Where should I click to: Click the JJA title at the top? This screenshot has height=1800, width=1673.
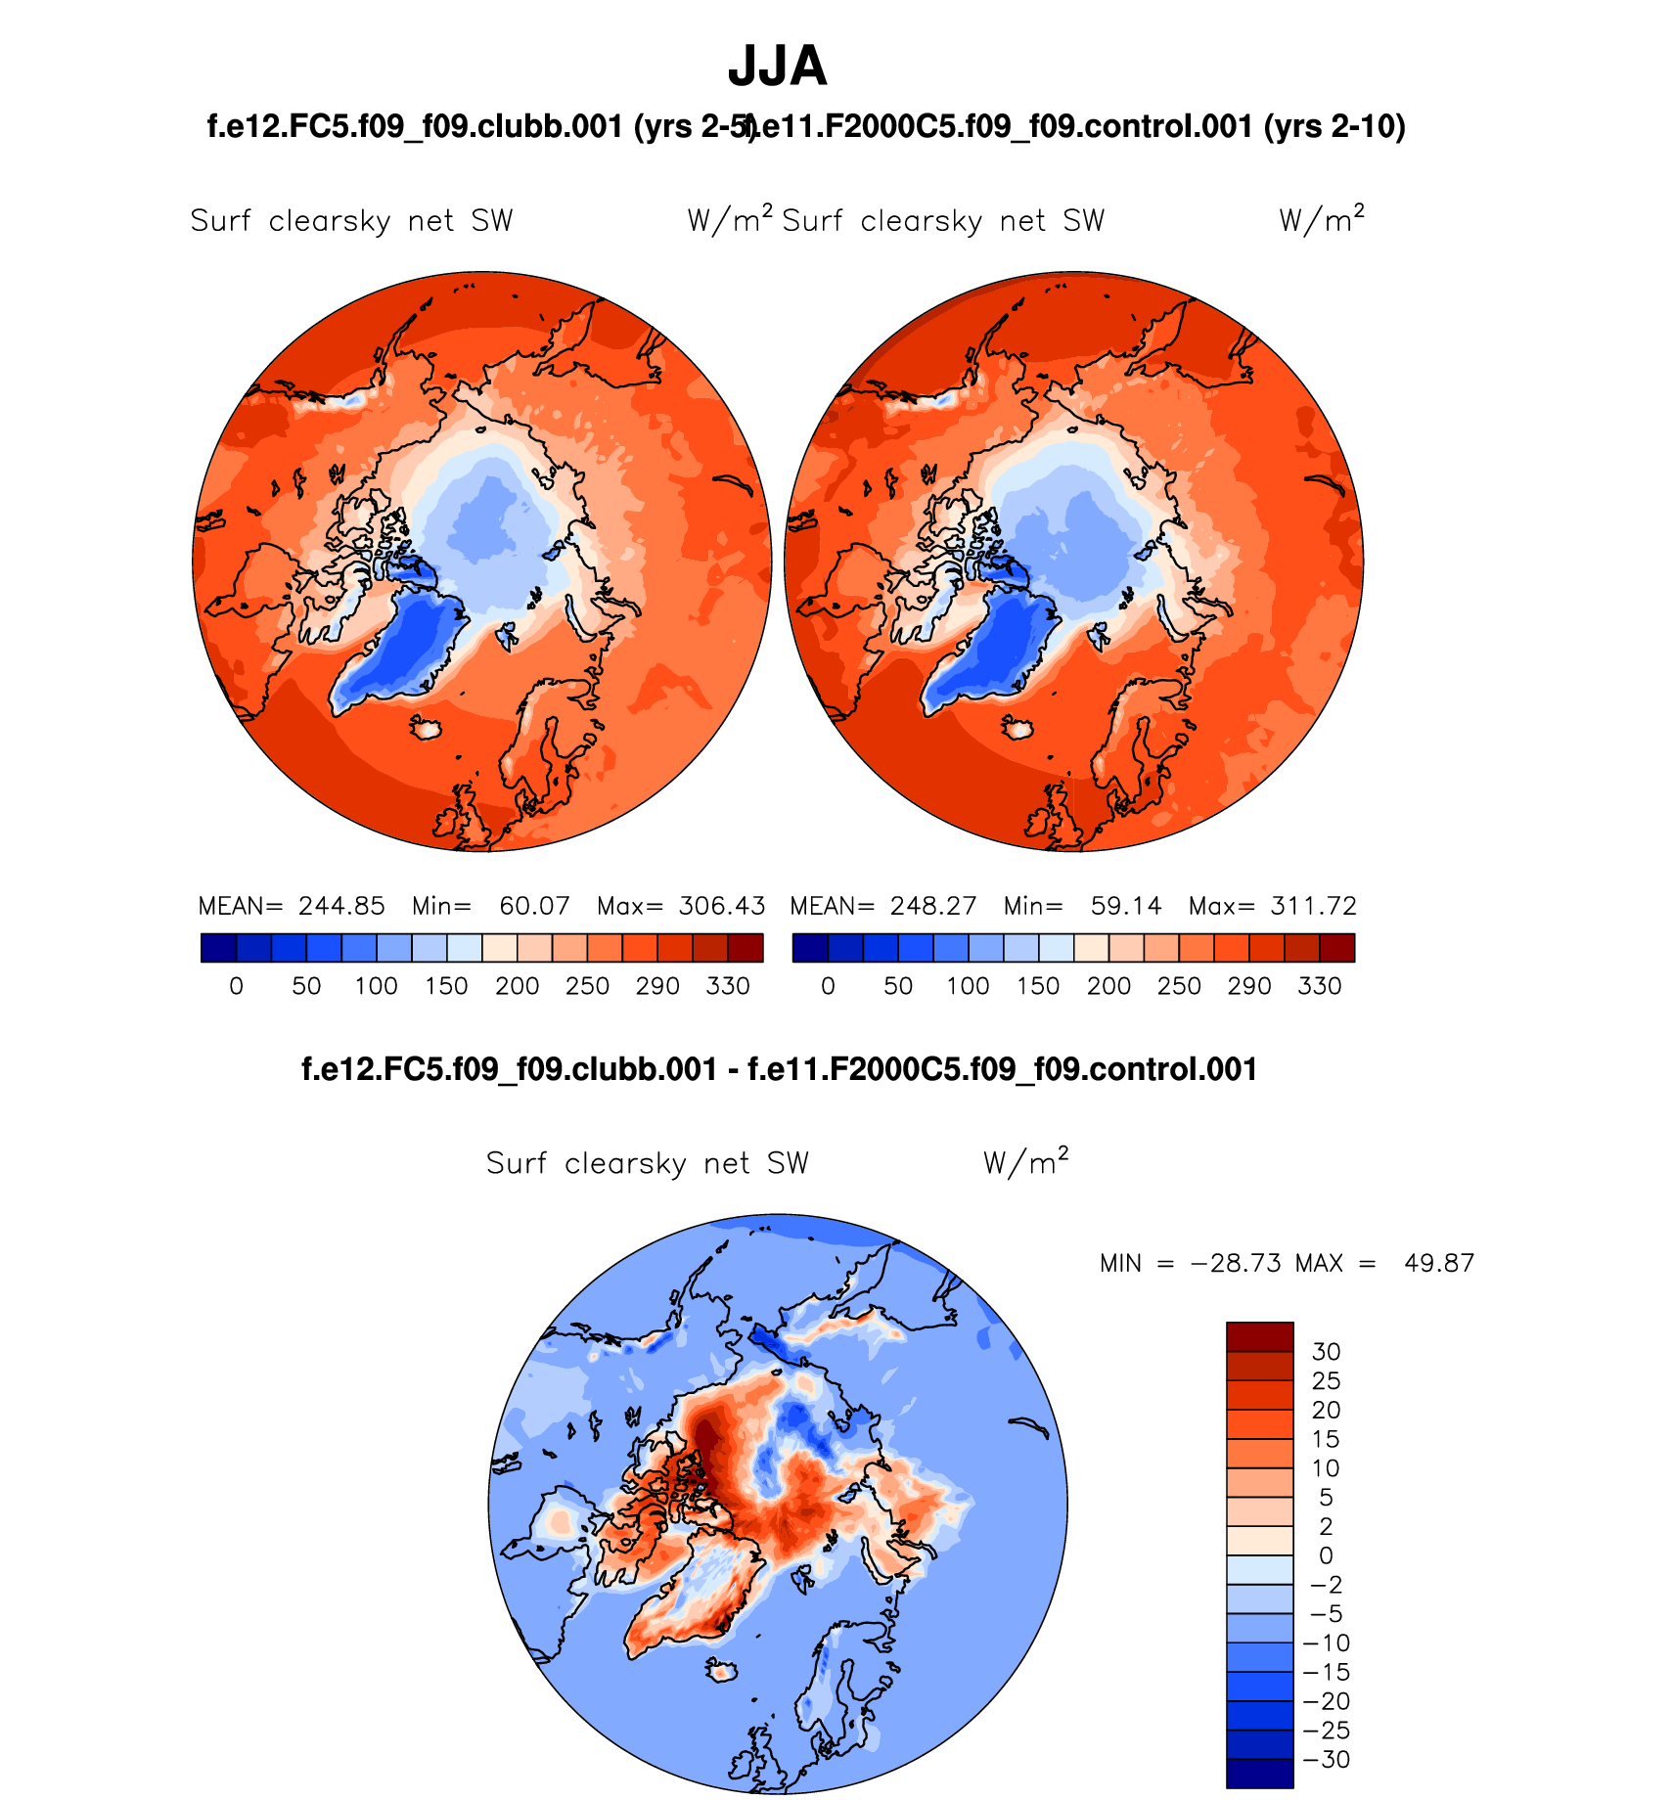778,67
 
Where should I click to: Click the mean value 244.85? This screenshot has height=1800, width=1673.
341,906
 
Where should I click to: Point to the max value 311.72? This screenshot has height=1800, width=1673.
1314,906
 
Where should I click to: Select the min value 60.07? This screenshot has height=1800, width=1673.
534,906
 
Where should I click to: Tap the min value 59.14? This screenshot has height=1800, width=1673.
1126,906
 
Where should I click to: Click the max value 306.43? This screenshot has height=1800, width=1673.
722,906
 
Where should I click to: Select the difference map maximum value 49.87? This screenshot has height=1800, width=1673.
1438,1263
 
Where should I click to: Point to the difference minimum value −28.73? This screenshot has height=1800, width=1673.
1236,1263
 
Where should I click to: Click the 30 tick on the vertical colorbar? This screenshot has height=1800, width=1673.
1326,1352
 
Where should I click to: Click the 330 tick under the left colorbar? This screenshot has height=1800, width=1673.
728,986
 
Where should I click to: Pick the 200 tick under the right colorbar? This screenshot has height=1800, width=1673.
1108,986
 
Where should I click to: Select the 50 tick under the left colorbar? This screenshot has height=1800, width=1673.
306,986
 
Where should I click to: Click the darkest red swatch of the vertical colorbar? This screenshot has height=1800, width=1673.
1260,1337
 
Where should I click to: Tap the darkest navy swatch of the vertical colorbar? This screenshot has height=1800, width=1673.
1260,1774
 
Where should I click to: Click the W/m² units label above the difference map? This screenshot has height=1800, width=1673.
1025,1162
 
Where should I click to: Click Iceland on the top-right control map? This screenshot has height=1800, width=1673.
1018,728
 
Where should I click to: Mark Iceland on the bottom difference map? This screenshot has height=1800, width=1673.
723,1672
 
